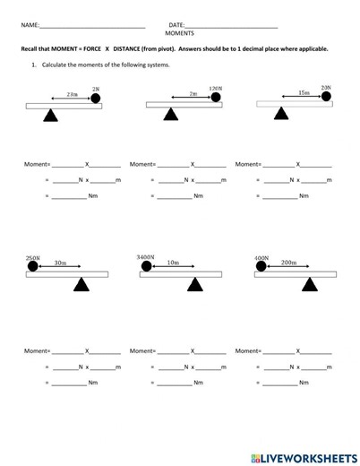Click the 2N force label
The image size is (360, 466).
click(96, 89)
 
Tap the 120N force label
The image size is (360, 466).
click(215, 89)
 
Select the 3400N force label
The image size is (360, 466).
click(146, 257)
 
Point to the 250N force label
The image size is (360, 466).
click(32, 258)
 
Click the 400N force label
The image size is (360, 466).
click(261, 258)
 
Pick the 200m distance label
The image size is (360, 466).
click(288, 263)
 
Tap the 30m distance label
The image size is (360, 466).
click(60, 263)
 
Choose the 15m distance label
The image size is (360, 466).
click(304, 92)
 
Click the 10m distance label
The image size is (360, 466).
click(173, 263)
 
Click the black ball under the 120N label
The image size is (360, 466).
click(215, 98)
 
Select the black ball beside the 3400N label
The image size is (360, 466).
click(146, 266)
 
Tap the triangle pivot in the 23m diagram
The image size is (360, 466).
click(51, 115)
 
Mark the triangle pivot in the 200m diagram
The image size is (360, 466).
click(311, 284)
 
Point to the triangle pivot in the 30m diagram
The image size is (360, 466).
click(81, 284)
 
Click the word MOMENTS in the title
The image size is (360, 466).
click(180, 33)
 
